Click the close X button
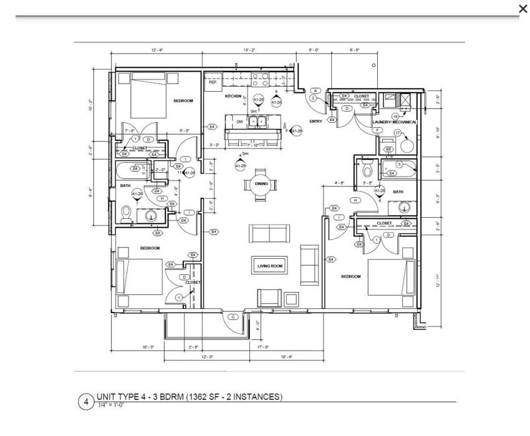523,8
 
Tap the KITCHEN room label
233,96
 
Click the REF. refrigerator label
212,82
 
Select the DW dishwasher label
239,122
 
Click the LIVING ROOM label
270,266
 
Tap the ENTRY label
316,121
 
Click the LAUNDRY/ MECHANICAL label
395,122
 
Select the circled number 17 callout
397,133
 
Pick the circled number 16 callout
395,116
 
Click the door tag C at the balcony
233,317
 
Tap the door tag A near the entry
316,91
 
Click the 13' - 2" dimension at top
249,50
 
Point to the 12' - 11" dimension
438,280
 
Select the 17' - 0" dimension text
263,347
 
